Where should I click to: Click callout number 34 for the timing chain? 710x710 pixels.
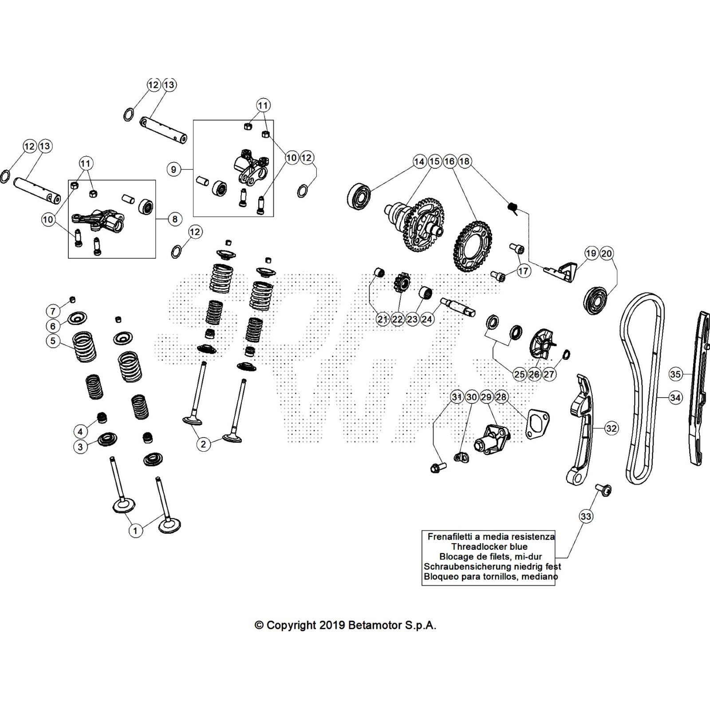click(x=675, y=398)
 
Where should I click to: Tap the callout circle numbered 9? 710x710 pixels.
click(x=174, y=169)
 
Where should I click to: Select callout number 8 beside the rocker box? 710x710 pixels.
click(x=175, y=219)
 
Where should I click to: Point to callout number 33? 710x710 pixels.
click(x=586, y=516)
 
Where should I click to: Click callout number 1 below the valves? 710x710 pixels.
click(x=136, y=530)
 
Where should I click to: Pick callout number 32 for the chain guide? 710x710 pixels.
click(x=611, y=428)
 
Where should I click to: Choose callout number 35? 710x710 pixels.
click(x=675, y=374)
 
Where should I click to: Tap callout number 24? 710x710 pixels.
click(x=427, y=319)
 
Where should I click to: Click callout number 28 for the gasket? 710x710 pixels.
click(x=501, y=397)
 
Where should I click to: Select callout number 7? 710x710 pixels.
click(x=53, y=311)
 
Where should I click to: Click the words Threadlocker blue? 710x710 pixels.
click(x=489, y=547)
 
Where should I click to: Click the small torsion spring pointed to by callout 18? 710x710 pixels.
click(x=513, y=207)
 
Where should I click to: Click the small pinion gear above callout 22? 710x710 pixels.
click(x=402, y=282)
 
